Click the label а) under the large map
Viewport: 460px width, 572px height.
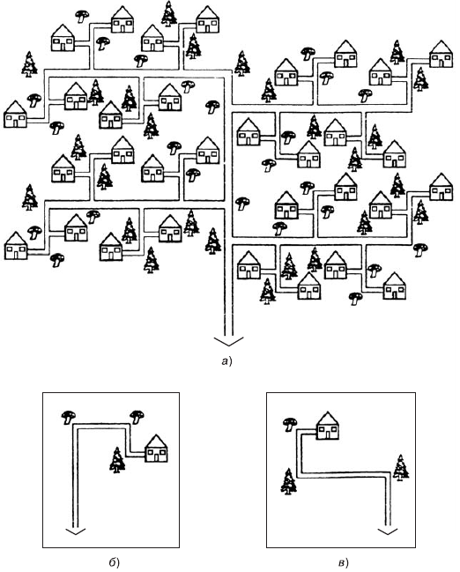pos(226,361)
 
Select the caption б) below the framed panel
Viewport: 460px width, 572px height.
pos(115,563)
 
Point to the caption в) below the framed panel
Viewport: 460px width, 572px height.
pos(344,563)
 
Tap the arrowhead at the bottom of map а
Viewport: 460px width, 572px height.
pos(229,341)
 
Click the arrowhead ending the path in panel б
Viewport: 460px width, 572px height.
pos(75,531)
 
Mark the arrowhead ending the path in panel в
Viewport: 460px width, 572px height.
pos(388,531)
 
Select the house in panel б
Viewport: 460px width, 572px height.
pos(156,449)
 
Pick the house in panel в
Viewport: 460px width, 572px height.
pos(327,426)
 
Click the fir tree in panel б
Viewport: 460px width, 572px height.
pos(117,460)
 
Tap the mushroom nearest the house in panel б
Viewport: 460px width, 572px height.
pos(137,416)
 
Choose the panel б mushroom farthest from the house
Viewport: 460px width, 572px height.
pos(68,417)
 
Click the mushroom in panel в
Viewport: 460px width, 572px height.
pos(290,424)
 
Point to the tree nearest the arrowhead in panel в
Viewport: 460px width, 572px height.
pos(401,468)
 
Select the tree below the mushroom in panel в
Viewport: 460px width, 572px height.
pos(288,481)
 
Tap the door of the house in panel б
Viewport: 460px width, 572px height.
pos(156,457)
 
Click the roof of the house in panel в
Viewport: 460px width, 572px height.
pos(327,419)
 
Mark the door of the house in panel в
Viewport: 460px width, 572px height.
pos(327,435)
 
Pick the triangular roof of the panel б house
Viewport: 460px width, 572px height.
pos(156,442)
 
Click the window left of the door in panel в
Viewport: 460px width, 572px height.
pos(322,430)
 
